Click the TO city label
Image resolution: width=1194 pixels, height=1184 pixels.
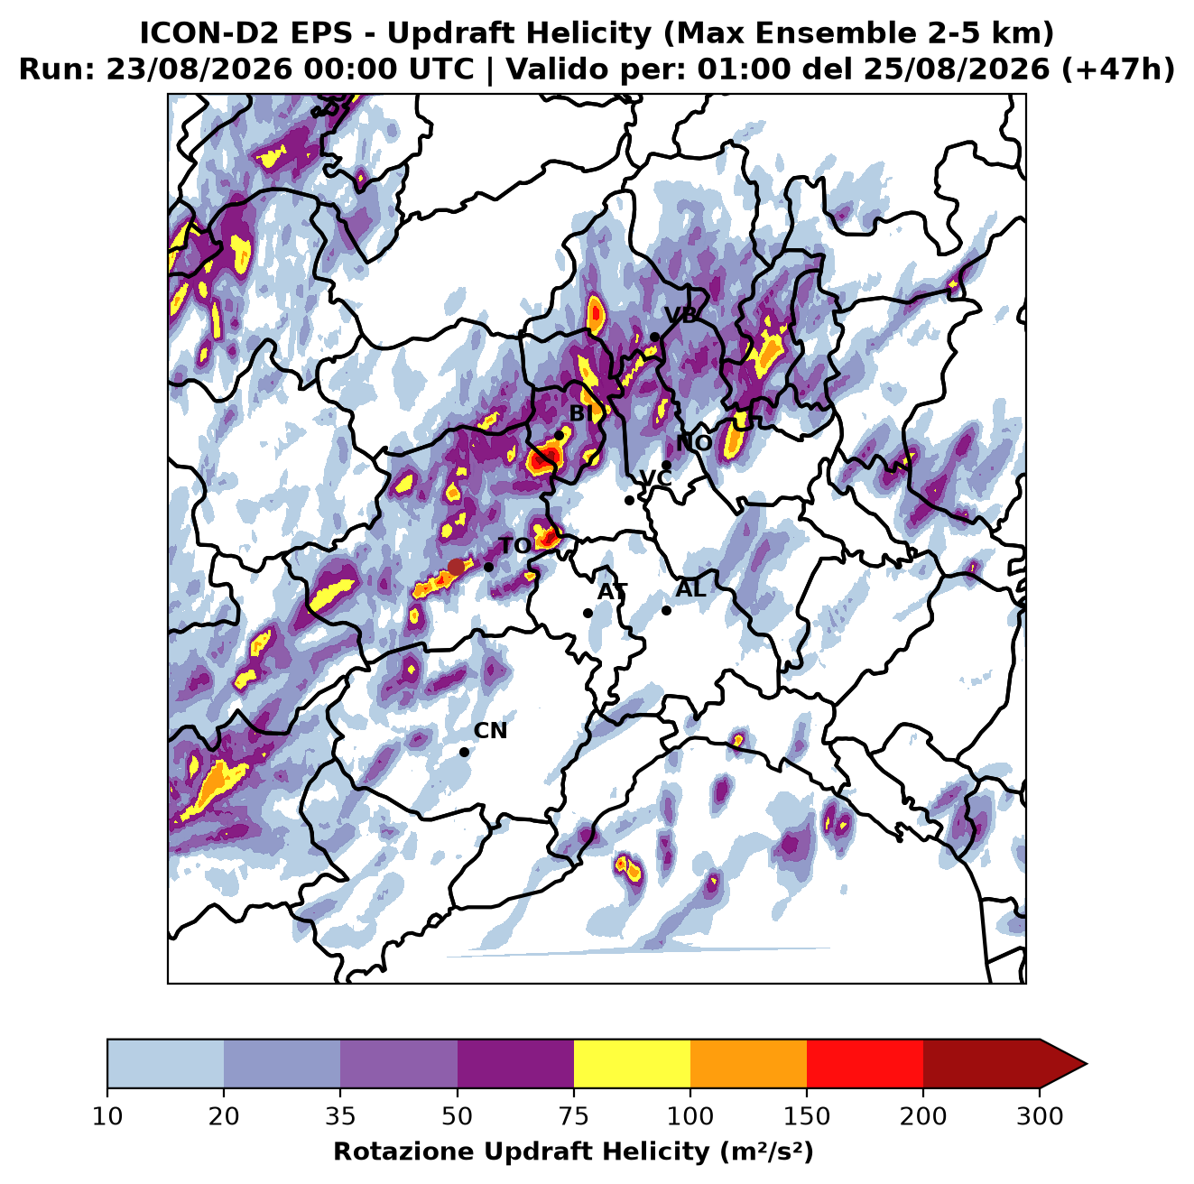515,546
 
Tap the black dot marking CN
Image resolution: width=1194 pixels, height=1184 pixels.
464,752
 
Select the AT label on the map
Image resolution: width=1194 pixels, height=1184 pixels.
612,592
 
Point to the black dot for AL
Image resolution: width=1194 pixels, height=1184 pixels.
666,610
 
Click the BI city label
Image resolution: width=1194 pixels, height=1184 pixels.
581,413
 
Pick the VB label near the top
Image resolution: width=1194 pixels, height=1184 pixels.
681,315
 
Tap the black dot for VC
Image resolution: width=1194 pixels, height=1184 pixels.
630,500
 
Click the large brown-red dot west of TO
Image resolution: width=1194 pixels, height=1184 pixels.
456,567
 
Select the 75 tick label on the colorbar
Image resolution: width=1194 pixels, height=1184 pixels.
574,1117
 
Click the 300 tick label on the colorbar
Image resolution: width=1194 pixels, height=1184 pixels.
1040,1117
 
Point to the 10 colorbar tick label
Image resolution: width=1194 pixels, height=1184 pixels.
107,1117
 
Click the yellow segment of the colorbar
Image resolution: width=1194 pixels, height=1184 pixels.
632,1063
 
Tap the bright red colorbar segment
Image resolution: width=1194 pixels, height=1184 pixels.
865,1063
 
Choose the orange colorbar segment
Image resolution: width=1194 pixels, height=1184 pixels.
748,1063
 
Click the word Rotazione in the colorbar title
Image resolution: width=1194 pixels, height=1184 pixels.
404,1152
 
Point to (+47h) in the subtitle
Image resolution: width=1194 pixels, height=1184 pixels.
1117,69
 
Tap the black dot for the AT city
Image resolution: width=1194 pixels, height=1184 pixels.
588,613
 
